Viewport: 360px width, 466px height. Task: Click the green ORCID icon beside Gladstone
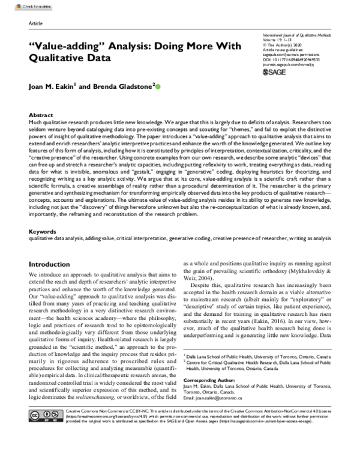tap(158, 87)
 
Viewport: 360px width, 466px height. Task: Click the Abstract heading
tap(41, 114)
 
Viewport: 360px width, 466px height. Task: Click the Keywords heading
tap(42, 231)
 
